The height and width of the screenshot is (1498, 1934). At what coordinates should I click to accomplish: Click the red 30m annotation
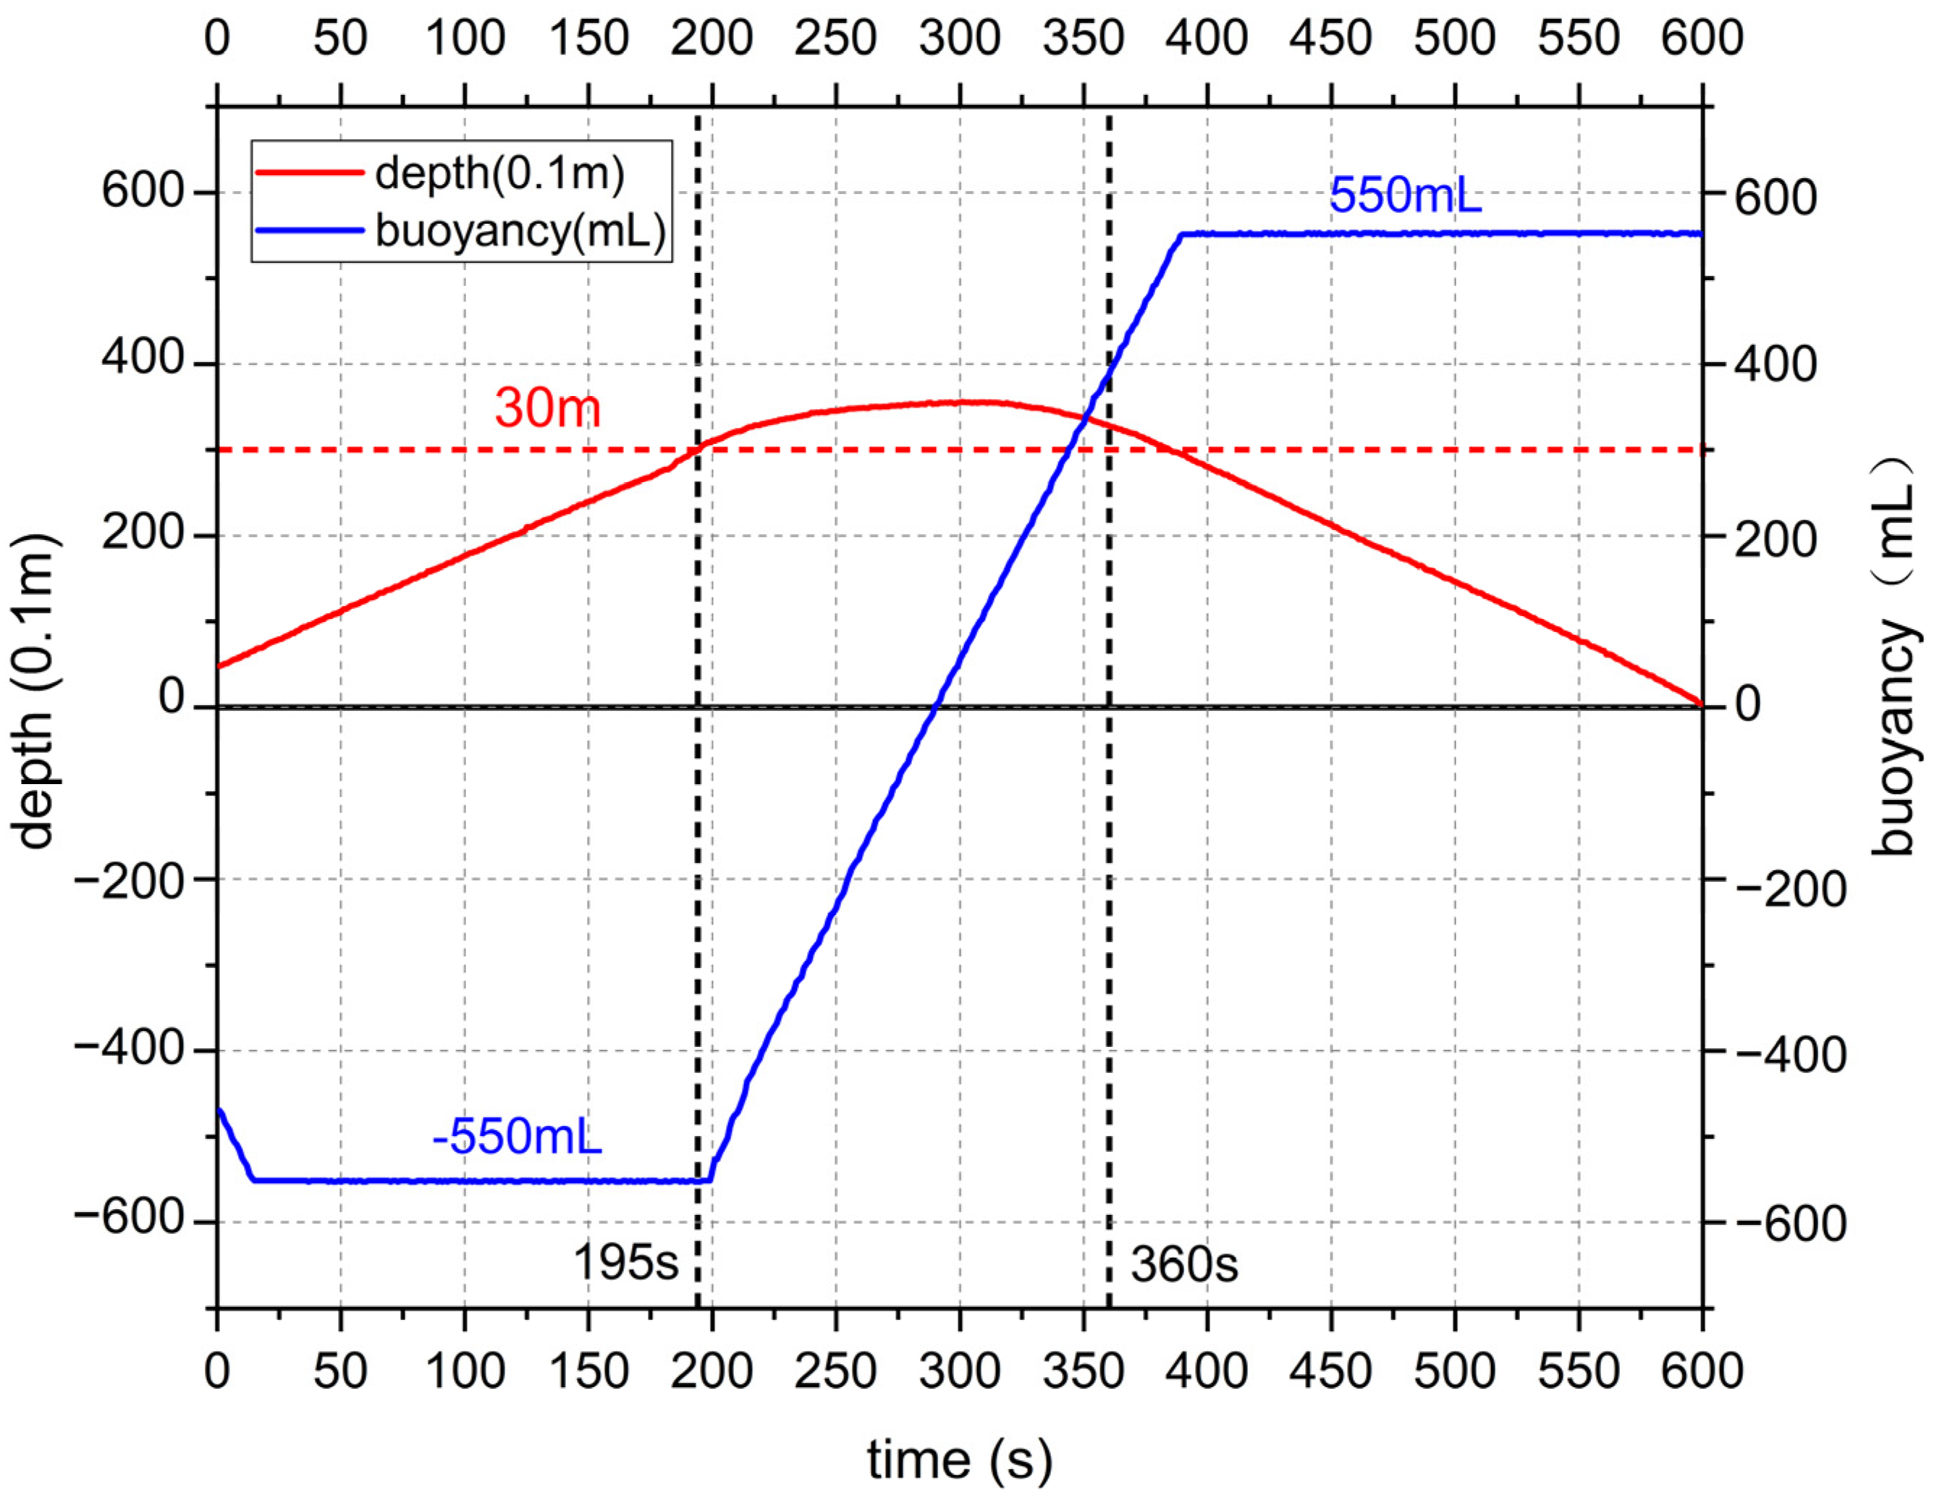[x=547, y=408]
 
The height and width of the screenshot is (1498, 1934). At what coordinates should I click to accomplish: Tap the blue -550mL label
[x=516, y=1137]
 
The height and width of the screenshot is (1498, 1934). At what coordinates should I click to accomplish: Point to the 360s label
[x=1183, y=1264]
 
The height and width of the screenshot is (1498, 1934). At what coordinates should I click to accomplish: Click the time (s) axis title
[x=959, y=1459]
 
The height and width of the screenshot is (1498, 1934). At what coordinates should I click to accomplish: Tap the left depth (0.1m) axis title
[x=33, y=690]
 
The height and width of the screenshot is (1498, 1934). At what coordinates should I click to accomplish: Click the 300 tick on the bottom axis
[x=959, y=1371]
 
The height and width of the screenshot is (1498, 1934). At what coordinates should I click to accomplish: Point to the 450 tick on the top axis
[x=1330, y=39]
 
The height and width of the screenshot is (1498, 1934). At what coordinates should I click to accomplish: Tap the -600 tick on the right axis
[x=1789, y=1224]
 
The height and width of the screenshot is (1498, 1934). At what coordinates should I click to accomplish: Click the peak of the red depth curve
[x=970, y=401]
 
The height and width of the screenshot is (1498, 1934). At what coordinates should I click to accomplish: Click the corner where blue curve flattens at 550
[x=1181, y=235]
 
